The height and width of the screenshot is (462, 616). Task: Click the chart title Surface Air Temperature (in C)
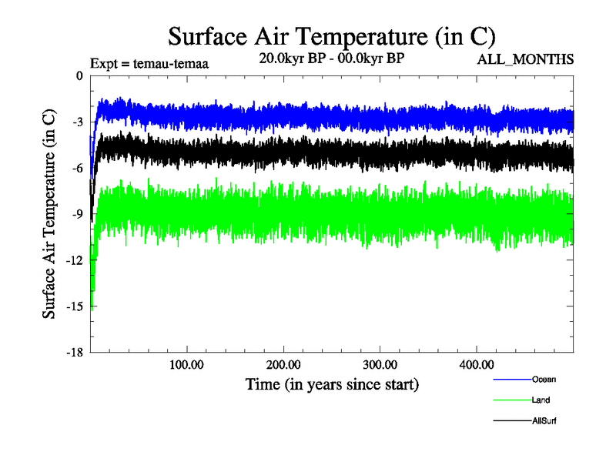[331, 36]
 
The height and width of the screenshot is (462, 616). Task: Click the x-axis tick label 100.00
[187, 364]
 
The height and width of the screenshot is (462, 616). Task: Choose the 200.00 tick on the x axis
[284, 364]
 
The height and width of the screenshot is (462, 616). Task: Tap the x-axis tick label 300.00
[380, 364]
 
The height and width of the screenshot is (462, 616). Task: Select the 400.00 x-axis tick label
[477, 364]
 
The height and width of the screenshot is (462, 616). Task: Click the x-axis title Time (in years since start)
[332, 383]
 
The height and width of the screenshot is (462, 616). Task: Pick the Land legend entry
[541, 400]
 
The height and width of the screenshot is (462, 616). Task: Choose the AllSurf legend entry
[544, 420]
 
